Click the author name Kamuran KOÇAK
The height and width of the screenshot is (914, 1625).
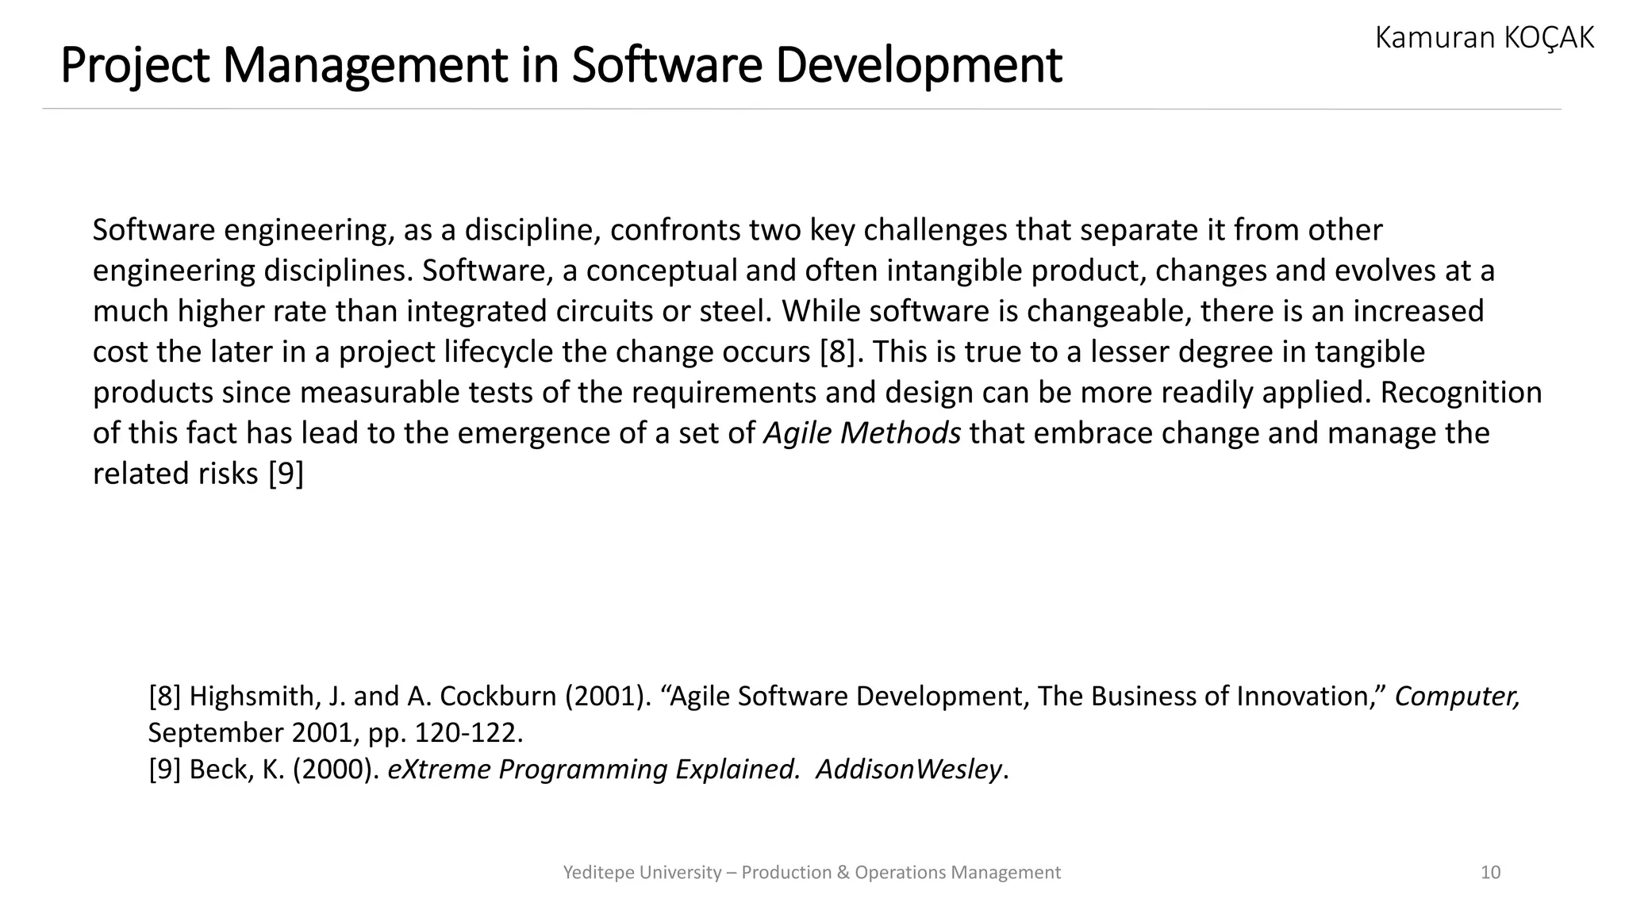pos(1484,37)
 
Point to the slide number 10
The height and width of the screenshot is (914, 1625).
pos(1490,873)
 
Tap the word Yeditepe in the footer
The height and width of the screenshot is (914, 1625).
pos(598,873)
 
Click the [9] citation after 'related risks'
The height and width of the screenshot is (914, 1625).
pos(286,474)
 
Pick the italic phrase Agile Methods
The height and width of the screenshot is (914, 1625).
pos(862,433)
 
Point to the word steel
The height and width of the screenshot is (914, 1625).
pos(732,311)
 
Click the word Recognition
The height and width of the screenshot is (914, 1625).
pos(1461,393)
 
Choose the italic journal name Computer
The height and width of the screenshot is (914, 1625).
pos(1457,696)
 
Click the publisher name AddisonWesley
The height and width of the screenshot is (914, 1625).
pos(909,769)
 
